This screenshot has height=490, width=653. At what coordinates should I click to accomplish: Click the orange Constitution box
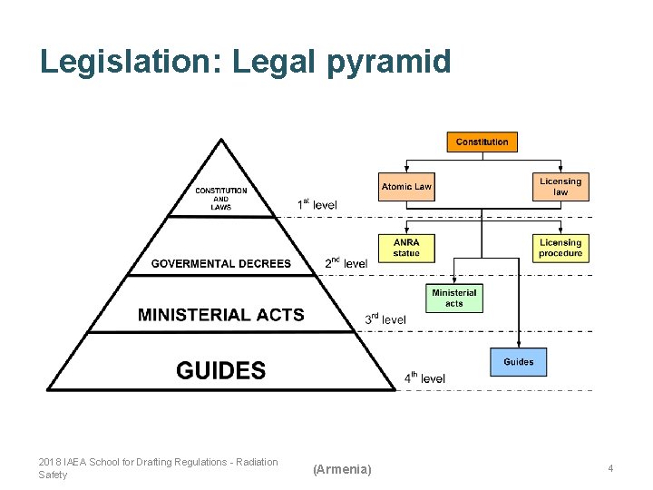pyautogui.click(x=482, y=142)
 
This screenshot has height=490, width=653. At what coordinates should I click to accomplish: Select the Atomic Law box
pyautogui.click(x=406, y=187)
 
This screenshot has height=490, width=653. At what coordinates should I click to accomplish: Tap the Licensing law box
pyautogui.click(x=560, y=187)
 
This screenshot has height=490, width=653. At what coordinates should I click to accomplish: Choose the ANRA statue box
pyautogui.click(x=406, y=248)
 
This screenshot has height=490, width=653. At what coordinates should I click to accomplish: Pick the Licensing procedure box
pyautogui.click(x=560, y=248)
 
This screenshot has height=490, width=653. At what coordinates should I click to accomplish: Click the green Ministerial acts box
pyautogui.click(x=454, y=298)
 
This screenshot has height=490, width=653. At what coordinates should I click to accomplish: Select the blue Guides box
pyautogui.click(x=519, y=362)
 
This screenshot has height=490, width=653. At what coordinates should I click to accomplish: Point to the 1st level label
pyautogui.click(x=317, y=205)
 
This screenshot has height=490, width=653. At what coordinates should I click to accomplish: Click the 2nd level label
pyautogui.click(x=346, y=263)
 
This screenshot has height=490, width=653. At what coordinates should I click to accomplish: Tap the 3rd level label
pyautogui.click(x=385, y=318)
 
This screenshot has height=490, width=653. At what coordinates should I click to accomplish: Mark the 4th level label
pyautogui.click(x=424, y=377)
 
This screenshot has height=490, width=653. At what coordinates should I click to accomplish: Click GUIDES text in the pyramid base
pyautogui.click(x=220, y=370)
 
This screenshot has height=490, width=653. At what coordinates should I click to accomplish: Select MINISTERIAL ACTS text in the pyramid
pyautogui.click(x=221, y=315)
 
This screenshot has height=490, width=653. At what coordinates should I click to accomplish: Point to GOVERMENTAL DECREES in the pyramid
pyautogui.click(x=221, y=264)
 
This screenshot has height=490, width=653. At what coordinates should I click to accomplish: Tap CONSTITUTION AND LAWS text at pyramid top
pyautogui.click(x=221, y=199)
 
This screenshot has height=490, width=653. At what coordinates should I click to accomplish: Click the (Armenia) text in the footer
pyautogui.click(x=342, y=469)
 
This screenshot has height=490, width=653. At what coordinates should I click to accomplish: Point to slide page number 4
pyautogui.click(x=610, y=468)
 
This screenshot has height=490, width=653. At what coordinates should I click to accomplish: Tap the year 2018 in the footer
pyautogui.click(x=49, y=462)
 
